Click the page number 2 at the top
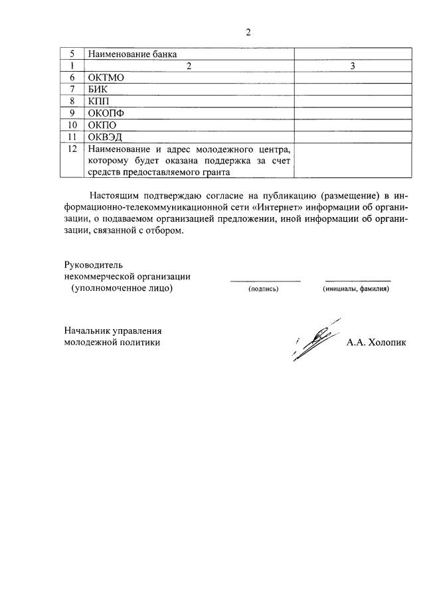coord(248,32)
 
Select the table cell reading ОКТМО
coord(106,77)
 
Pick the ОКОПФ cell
coord(106,113)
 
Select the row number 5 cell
coord(71,54)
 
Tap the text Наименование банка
coord(133,54)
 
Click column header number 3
coord(352,66)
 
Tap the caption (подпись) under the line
coord(264,289)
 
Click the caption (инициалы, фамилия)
coord(356,289)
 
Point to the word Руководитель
coord(94,265)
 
